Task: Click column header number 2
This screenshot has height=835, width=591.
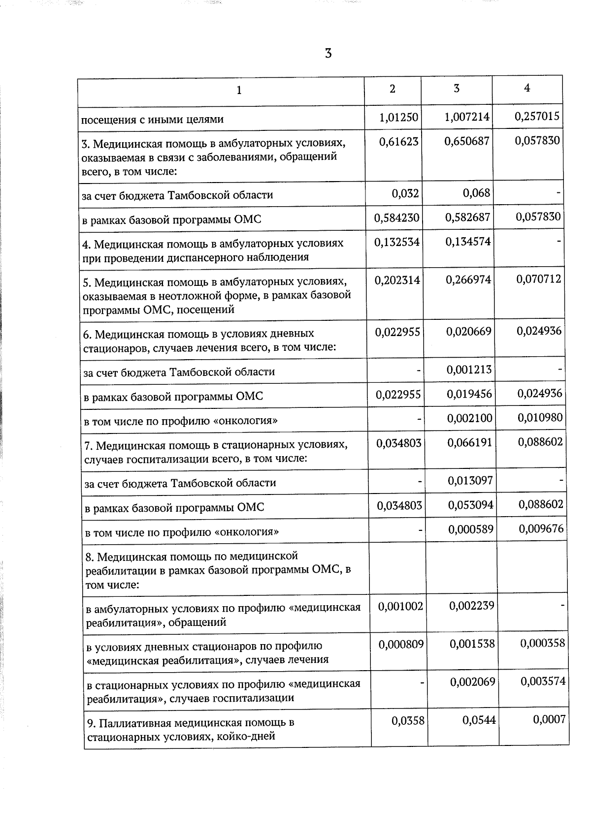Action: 392,89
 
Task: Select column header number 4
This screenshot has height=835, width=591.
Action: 527,88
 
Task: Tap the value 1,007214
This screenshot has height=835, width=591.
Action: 466,117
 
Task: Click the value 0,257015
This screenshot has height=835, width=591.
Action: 537,116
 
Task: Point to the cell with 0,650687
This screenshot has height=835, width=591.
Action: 467,141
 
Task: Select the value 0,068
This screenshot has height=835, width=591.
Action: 476,192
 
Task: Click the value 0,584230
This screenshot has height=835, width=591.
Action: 396,217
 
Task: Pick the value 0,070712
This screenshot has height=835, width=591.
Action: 538,279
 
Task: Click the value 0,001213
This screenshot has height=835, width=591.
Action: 469,370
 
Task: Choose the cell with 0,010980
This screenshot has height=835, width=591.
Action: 540,418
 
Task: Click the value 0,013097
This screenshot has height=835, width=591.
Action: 470,480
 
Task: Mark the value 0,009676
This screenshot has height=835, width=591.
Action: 541,528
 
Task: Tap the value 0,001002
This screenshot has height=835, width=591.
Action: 400,606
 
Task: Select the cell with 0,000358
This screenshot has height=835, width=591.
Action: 542,643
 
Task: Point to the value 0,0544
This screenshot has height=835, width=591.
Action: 479,720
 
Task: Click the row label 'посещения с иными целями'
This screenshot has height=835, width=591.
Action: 152,119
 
